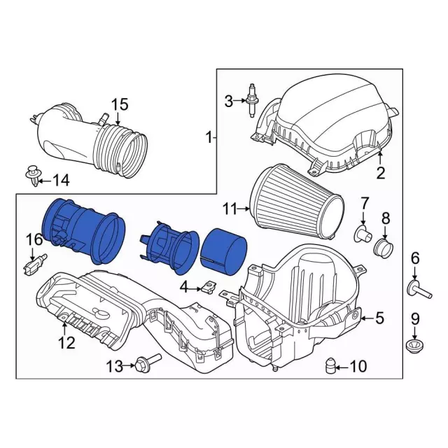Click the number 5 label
coord(379,318)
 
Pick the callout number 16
coord(34,240)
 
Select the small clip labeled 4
coord(207,286)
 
